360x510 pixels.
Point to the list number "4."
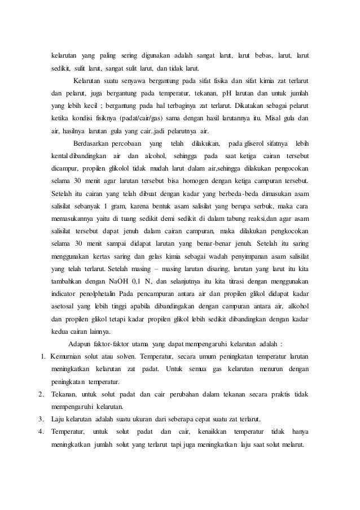tap(41, 433)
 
